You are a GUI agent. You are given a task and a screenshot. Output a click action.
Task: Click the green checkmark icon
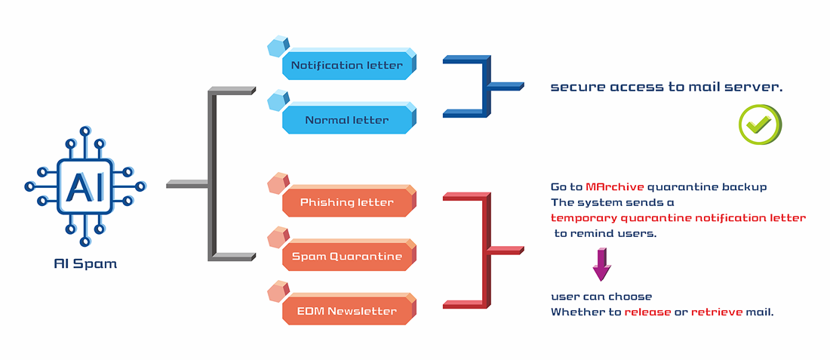point(760,125)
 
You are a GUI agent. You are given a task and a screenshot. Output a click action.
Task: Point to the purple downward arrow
point(602,265)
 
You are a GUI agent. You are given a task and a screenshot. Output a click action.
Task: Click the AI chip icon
point(85,186)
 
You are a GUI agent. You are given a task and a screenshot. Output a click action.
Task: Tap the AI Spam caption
point(85,263)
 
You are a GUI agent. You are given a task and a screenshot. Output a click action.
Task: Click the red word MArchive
point(614,187)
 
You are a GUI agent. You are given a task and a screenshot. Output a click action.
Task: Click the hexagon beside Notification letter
point(278,47)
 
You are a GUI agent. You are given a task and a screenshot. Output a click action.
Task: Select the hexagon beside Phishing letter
point(278,183)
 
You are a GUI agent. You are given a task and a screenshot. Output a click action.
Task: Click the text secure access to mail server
point(666,88)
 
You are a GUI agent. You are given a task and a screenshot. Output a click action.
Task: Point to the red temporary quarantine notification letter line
point(678,217)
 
